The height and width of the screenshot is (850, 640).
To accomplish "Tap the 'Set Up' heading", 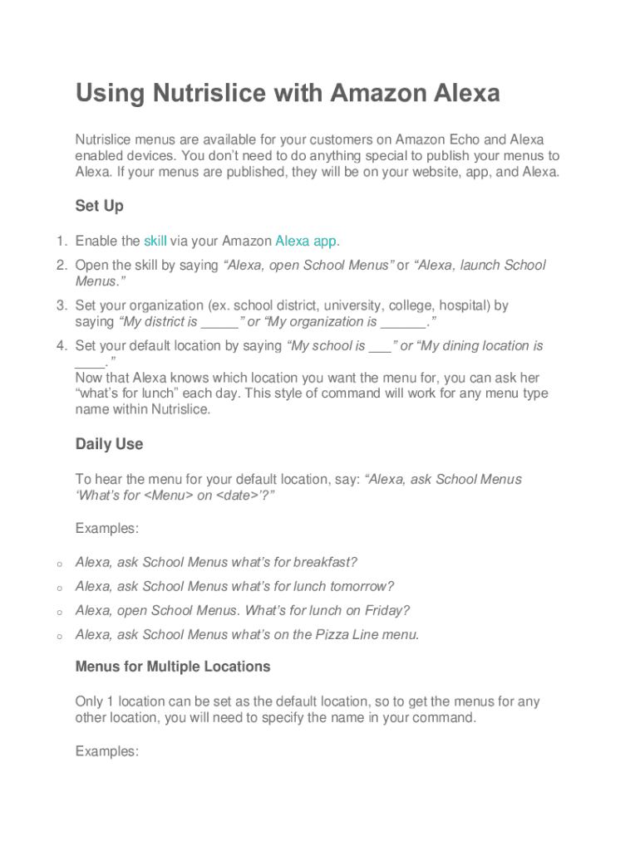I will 100,205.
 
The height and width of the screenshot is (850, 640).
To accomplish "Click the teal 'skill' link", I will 155,242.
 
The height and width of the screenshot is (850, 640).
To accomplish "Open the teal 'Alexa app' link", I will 306,242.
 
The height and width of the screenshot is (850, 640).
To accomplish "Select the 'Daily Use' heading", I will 109,444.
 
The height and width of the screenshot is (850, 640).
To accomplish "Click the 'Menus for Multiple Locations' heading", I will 173,667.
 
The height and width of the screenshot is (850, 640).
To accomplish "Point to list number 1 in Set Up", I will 61,242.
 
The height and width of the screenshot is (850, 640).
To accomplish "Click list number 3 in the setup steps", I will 61,306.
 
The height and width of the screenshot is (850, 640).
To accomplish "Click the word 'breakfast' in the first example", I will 323,563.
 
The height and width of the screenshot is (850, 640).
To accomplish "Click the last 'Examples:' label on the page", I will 106,751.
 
